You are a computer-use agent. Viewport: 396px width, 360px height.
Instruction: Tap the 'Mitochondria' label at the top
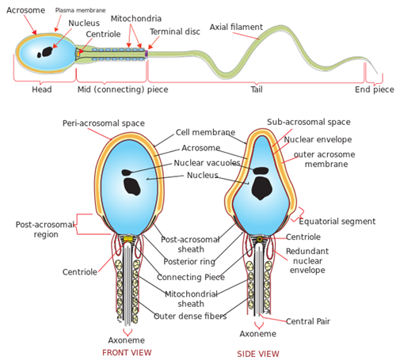pyautogui.click(x=135, y=18)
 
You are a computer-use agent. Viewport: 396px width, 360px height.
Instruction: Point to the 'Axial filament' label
pyautogui.click(x=236, y=27)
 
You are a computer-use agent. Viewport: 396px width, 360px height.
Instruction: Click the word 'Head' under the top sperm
pyautogui.click(x=42, y=89)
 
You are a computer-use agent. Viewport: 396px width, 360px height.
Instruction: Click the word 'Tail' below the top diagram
pyautogui.click(x=257, y=89)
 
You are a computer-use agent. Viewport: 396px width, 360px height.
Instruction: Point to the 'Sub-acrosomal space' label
pyautogui.click(x=308, y=123)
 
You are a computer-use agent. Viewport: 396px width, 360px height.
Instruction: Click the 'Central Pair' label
pyautogui.click(x=307, y=321)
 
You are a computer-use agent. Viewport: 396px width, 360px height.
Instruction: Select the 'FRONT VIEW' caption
pyautogui.click(x=127, y=352)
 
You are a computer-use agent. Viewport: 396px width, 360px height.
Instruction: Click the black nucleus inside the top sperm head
pyautogui.click(x=48, y=51)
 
